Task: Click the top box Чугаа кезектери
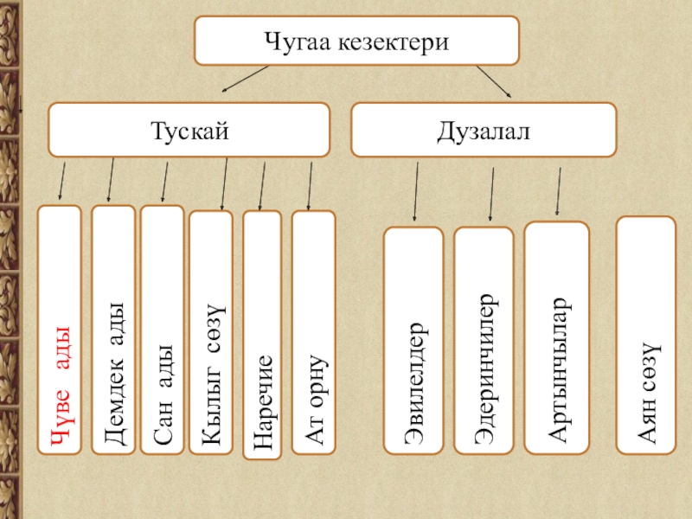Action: pyautogui.click(x=356, y=41)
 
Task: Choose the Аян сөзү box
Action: pyautogui.click(x=645, y=335)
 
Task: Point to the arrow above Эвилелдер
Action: pyautogui.click(x=416, y=192)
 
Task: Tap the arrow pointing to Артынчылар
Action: pyautogui.click(x=558, y=191)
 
